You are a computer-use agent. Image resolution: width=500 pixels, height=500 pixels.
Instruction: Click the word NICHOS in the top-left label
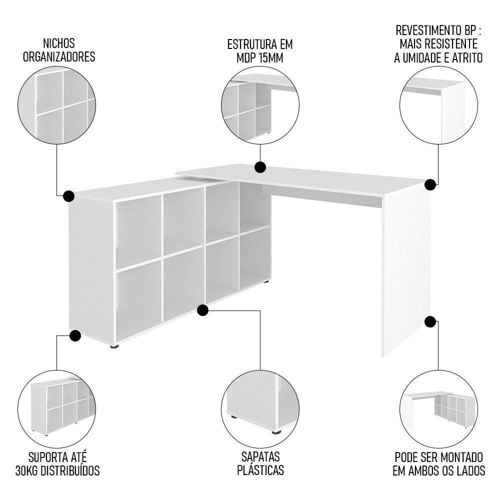click(59, 43)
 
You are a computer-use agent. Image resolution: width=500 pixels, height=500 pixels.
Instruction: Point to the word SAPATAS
click(260, 457)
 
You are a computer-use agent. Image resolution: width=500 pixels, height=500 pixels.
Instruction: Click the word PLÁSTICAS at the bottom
click(260, 470)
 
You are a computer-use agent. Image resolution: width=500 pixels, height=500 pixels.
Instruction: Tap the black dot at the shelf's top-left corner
click(69, 195)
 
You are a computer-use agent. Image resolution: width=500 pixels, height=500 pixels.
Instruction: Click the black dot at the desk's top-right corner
click(429, 184)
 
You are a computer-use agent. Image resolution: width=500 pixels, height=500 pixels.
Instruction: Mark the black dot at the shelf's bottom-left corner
click(75, 335)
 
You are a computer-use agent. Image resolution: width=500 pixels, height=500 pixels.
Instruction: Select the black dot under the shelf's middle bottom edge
click(202, 310)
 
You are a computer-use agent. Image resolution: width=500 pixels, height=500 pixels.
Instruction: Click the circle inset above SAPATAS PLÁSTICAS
click(260, 404)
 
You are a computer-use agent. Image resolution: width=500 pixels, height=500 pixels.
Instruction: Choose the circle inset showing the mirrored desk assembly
click(438, 404)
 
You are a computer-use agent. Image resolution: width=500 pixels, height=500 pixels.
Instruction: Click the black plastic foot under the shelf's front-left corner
click(114, 346)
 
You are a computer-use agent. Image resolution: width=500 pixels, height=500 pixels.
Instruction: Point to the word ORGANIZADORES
click(59, 57)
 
